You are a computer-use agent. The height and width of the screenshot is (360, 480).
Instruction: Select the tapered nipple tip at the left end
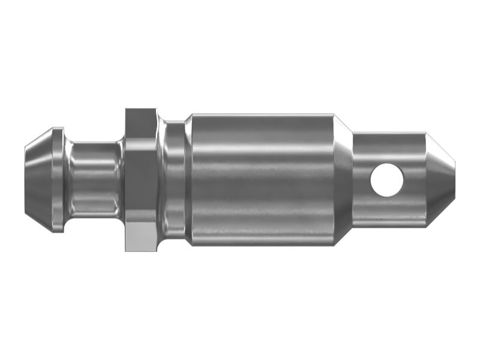tap(38, 179)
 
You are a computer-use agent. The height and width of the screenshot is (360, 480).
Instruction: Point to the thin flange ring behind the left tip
tap(58, 179)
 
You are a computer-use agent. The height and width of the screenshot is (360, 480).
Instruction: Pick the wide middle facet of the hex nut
tap(142, 179)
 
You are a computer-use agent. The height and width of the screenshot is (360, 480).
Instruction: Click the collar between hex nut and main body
tap(173, 179)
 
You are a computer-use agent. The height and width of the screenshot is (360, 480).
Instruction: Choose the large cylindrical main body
tap(261, 179)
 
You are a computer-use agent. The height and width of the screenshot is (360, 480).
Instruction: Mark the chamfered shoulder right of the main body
tap(343, 179)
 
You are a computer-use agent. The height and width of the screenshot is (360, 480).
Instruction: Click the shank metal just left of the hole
tap(362, 179)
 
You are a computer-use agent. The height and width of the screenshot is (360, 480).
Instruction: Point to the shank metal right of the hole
tap(415, 179)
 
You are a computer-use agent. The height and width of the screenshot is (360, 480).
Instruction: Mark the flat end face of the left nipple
tap(26, 179)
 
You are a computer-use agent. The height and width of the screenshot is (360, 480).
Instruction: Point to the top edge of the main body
tap(261, 115)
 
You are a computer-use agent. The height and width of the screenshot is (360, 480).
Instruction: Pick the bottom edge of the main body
tap(261, 244)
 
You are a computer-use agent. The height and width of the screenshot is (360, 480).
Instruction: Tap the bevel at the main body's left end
tap(188, 179)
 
